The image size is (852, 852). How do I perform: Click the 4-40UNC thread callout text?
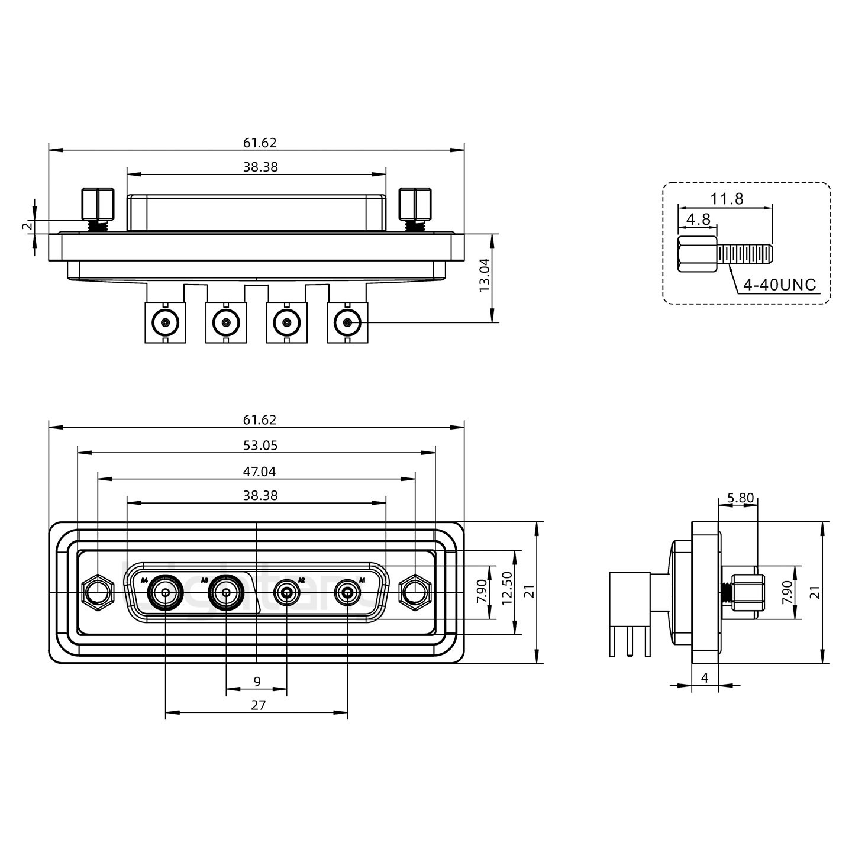[x=779, y=285]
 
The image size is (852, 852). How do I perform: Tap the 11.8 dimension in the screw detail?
[x=727, y=199]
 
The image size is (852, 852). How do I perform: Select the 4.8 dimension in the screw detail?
[x=698, y=220]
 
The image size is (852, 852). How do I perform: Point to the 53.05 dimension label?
[x=260, y=445]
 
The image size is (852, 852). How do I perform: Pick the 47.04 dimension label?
[x=260, y=472]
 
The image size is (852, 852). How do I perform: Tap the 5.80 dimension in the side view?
[x=741, y=498]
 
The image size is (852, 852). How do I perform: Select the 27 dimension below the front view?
[x=259, y=705]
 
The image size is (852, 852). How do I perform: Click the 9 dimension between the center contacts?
[x=257, y=682]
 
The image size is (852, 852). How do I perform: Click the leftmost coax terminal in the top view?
[x=165, y=323]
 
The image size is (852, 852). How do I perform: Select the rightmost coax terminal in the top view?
[x=347, y=323]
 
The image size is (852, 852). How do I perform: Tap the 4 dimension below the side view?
[x=705, y=678]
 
